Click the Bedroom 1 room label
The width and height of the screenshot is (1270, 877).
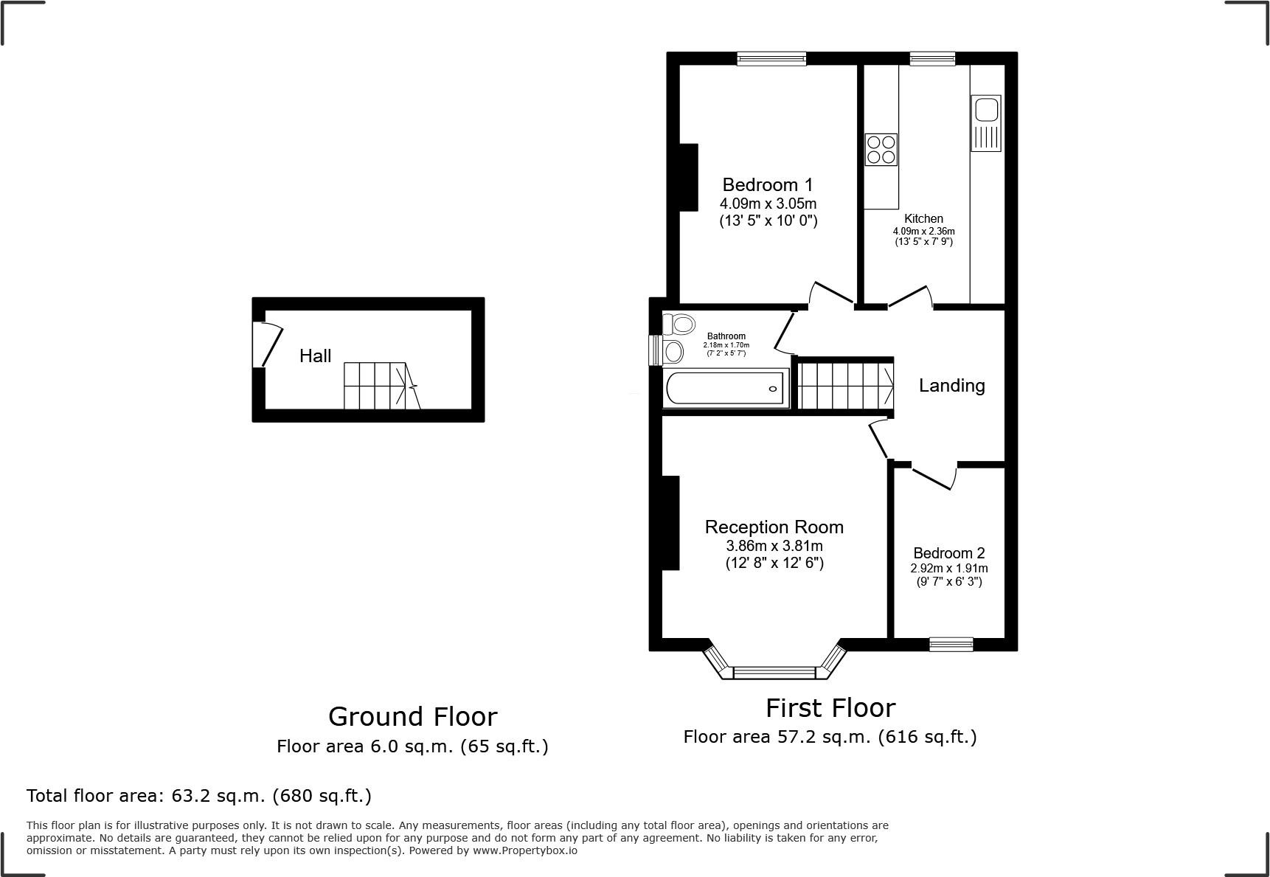click(767, 184)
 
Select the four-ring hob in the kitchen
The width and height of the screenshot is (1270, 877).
click(881, 149)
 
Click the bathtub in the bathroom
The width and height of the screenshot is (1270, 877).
click(726, 388)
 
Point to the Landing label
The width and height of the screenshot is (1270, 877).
click(951, 386)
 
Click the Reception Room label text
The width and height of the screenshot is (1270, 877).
click(774, 527)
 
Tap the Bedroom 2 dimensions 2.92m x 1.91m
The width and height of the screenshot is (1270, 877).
click(948, 568)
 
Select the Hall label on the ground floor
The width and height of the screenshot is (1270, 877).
click(315, 356)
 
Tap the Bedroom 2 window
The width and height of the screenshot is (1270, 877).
click(951, 644)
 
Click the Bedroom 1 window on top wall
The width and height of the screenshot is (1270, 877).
click(771, 58)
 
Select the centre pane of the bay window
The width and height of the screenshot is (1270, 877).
click(774, 672)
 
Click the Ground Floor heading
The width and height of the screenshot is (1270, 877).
click(412, 716)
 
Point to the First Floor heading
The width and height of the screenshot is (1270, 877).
click(830, 708)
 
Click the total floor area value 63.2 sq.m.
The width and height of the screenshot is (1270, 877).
click(218, 796)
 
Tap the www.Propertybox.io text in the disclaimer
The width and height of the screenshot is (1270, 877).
click(525, 850)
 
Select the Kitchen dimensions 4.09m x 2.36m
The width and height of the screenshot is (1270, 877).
click(923, 231)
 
